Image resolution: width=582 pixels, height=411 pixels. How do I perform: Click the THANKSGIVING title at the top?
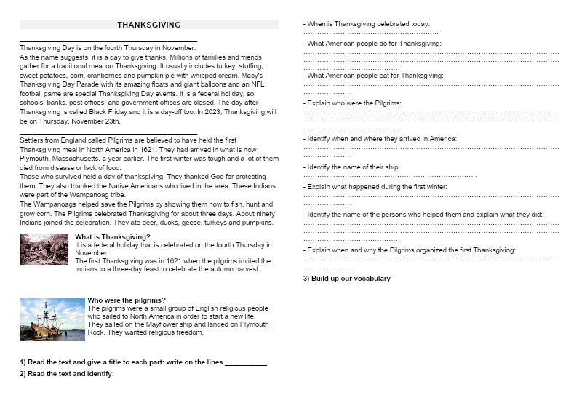149,25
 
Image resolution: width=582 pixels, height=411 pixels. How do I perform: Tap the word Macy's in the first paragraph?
250,75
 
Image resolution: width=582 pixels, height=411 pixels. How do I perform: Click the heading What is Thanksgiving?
113,237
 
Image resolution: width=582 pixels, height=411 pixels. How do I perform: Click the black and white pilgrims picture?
44,250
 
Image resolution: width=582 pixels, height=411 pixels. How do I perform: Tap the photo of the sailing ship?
52,319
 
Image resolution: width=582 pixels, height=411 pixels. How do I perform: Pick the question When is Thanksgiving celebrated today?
366,24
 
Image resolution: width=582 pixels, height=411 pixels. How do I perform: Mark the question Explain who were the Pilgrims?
352,103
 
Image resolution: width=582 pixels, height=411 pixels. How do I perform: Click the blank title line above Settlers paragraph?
108,133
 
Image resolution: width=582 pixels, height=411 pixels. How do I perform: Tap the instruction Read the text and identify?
67,374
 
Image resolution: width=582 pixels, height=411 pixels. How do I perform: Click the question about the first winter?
375,187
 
